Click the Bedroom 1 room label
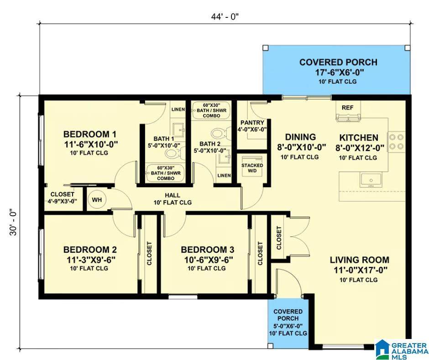(90, 134)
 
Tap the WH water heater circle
(97, 200)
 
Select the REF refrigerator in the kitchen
(348, 111)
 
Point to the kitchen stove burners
(396, 142)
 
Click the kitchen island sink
(371, 180)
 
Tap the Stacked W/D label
(252, 168)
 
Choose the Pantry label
(252, 123)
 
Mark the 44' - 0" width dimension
(225, 17)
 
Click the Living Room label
(359, 259)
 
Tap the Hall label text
(173, 196)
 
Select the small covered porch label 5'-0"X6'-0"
(288, 326)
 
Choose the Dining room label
(300, 137)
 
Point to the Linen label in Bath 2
(224, 175)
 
